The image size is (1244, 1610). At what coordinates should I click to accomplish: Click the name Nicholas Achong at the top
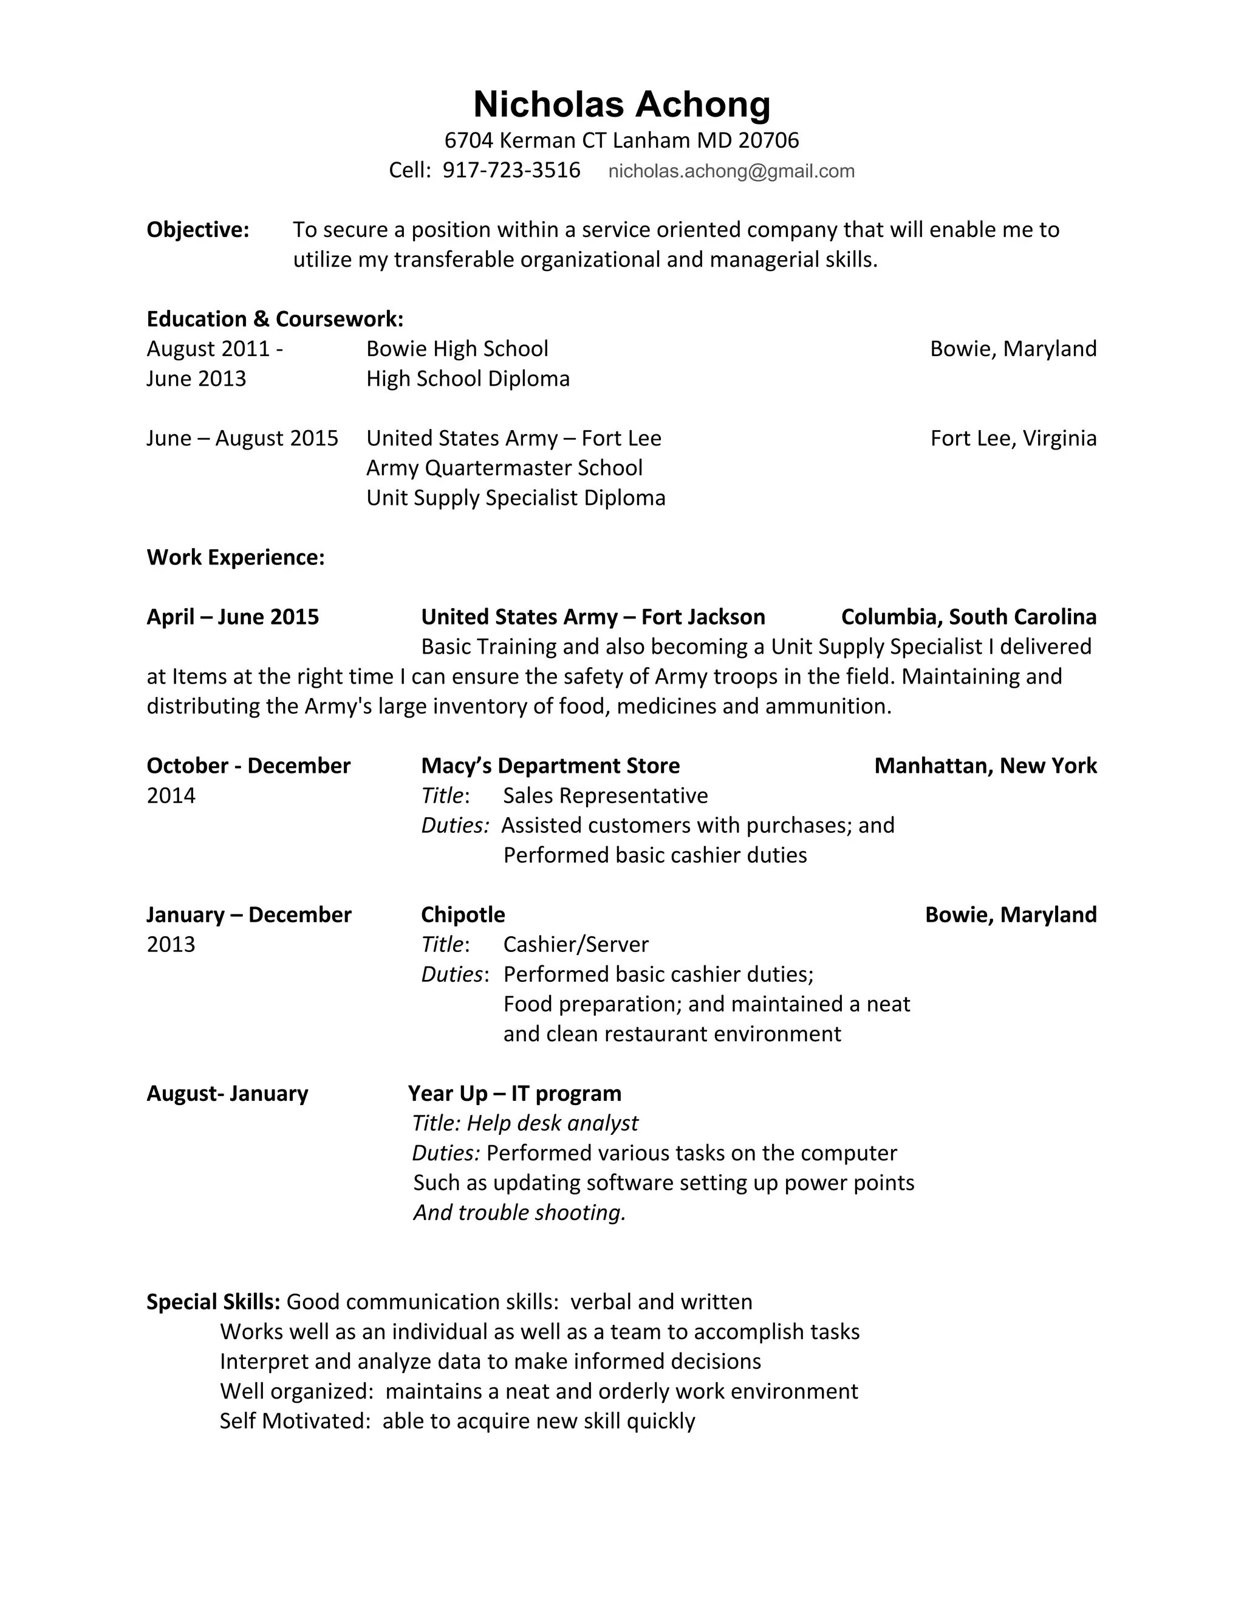[621, 104]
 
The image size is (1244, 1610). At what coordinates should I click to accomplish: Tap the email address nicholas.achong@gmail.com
[731, 171]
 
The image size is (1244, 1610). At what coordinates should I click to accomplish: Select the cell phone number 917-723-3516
[511, 170]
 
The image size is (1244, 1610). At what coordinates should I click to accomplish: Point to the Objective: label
[197, 230]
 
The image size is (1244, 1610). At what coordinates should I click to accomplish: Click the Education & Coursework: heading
[275, 319]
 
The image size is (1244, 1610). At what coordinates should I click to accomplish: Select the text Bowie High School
[457, 349]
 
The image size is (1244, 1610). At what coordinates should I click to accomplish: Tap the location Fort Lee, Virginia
[1013, 439]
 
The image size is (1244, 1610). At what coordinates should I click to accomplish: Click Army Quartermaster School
[504, 468]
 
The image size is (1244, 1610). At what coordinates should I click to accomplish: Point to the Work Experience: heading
[235, 557]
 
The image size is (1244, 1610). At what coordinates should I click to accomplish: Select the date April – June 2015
[233, 617]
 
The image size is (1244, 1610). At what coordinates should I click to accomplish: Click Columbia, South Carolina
[968, 617]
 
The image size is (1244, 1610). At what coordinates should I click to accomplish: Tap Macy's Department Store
[550, 766]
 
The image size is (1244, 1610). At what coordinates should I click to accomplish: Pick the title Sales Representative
[605, 795]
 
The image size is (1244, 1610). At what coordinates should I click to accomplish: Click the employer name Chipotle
[463, 915]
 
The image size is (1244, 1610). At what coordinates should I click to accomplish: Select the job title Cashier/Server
[576, 944]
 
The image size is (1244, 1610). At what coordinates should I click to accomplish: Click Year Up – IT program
[514, 1093]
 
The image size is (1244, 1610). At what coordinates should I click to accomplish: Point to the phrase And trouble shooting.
[519, 1213]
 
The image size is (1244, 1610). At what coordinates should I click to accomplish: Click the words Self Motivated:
[295, 1421]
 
